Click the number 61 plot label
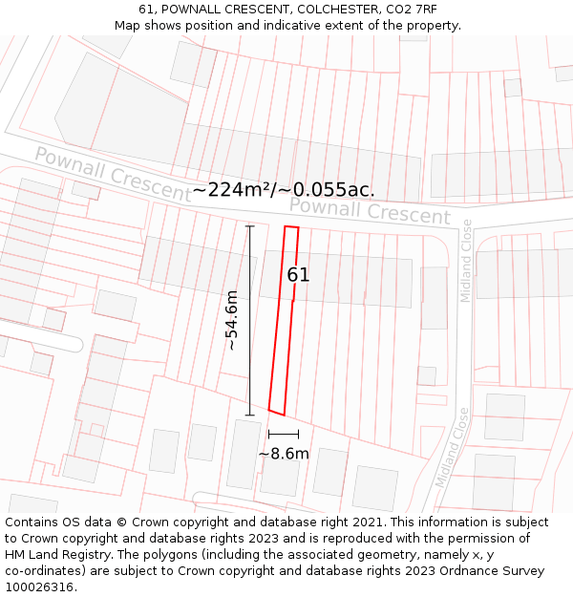coord(298,275)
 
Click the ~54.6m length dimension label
coord(232,321)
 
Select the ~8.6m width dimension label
coord(284,454)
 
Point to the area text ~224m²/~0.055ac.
coord(284,190)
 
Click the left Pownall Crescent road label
coord(113,173)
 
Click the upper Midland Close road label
coord(466,261)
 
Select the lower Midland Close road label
coord(451,447)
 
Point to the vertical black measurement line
coord(250,321)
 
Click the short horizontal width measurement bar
coord(284,435)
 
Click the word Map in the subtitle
coord(128,26)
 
